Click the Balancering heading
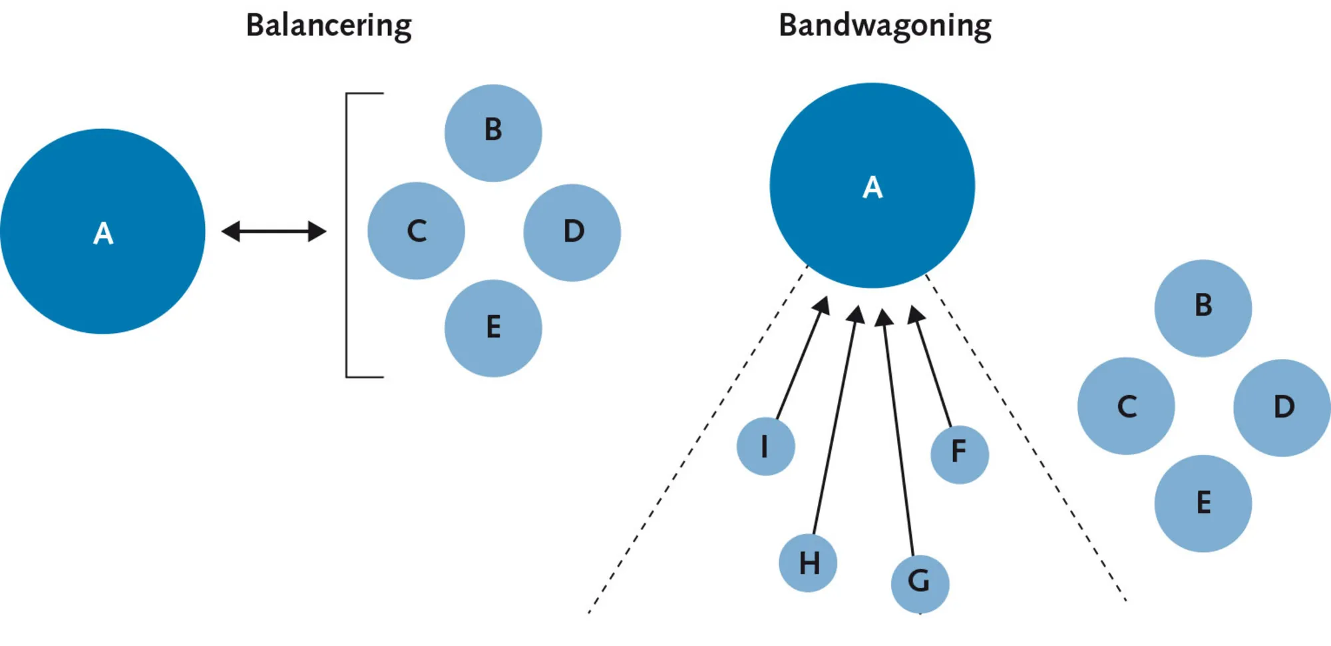pyautogui.click(x=329, y=26)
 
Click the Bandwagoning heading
pyautogui.click(x=884, y=26)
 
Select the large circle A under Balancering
pyautogui.click(x=102, y=231)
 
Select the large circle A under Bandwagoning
pyautogui.click(x=872, y=185)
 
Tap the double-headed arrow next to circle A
pyautogui.click(x=274, y=231)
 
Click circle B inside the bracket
pyautogui.click(x=493, y=133)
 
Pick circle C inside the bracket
pyautogui.click(x=416, y=230)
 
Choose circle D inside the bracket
pyautogui.click(x=572, y=232)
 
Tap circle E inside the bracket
pyautogui.click(x=493, y=328)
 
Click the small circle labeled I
pyautogui.click(x=765, y=446)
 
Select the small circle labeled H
pyautogui.click(x=808, y=563)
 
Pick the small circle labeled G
pyautogui.click(x=920, y=583)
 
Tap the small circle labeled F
pyautogui.click(x=959, y=454)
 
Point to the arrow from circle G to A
pyautogui.click(x=898, y=433)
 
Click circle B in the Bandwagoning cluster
pyautogui.click(x=1203, y=308)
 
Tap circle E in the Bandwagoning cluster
pyautogui.click(x=1203, y=503)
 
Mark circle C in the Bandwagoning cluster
pyautogui.click(x=1126, y=406)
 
